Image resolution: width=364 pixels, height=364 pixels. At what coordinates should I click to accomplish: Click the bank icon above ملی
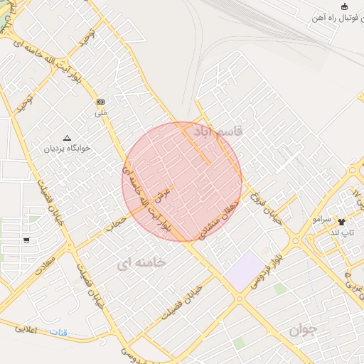point(100,102)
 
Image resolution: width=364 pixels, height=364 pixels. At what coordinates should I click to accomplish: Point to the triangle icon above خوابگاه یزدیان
point(68,138)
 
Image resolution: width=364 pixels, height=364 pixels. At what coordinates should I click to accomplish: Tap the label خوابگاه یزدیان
point(68,149)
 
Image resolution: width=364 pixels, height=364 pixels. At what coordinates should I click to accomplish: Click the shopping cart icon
point(26,240)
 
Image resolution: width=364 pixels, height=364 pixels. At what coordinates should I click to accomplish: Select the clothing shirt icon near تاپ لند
point(342,222)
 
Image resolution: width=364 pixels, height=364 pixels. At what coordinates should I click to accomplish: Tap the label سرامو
point(321,220)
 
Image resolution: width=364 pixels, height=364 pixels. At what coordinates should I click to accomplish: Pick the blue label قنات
point(58,332)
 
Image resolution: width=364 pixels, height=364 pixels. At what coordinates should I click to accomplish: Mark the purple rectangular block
point(245,270)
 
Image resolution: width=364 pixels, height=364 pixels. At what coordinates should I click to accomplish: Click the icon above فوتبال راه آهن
point(345,7)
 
